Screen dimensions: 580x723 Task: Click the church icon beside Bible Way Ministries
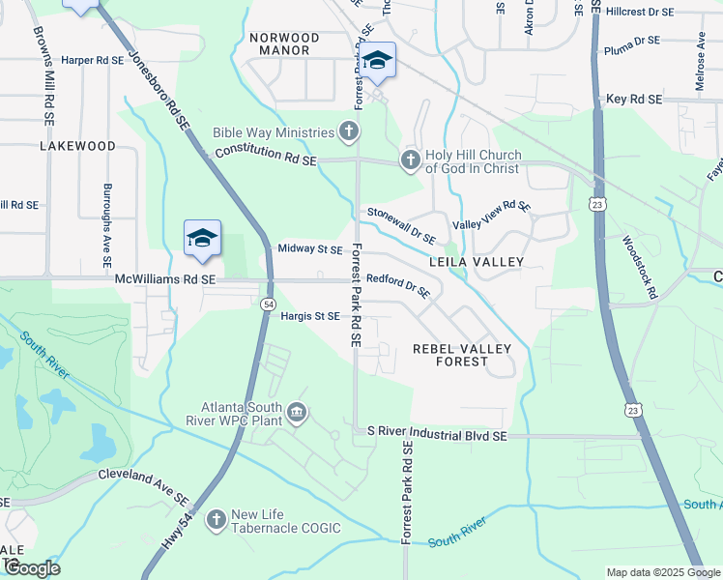[x=349, y=130]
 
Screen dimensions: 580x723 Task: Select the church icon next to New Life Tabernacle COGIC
[x=215, y=520]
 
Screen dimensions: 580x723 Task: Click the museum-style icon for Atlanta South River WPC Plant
[x=298, y=414]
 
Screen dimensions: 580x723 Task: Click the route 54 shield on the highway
[x=266, y=304]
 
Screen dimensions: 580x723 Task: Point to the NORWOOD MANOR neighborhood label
[x=279, y=43]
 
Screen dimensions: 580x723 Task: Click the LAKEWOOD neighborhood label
[x=77, y=146]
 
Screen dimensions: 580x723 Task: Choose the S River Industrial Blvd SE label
[x=430, y=437]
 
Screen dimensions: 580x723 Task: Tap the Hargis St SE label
[x=309, y=316]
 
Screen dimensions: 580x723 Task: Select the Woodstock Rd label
[x=640, y=267]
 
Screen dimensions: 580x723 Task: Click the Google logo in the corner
[x=31, y=568]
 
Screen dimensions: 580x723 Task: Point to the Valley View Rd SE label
[x=492, y=216]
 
